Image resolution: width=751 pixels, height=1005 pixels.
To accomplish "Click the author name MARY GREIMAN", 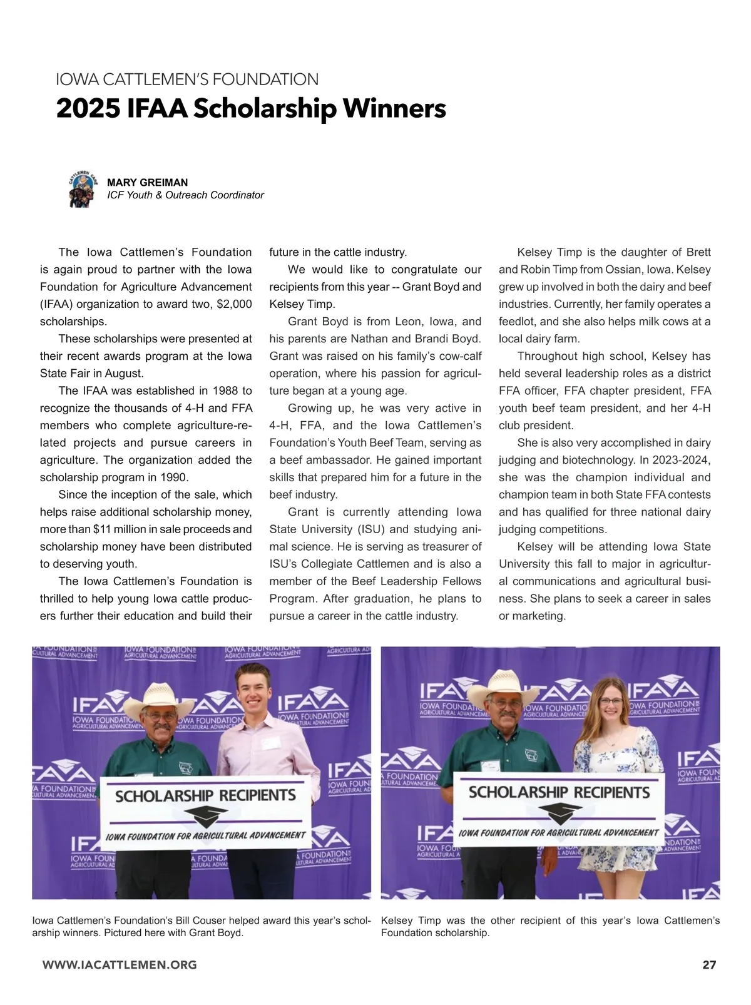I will [147, 182].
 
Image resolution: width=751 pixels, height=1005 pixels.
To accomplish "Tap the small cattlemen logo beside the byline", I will [82, 189].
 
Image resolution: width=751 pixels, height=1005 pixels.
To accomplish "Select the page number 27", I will [709, 964].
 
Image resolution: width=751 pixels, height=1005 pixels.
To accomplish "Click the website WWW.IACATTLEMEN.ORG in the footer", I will [120, 964].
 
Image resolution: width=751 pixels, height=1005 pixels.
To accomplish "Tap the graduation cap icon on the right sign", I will [560, 812].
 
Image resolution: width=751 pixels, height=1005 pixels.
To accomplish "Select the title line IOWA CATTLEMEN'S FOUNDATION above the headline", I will [187, 79].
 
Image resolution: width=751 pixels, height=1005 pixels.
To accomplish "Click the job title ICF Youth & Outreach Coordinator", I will [185, 195].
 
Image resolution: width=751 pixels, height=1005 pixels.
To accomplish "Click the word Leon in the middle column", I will [409, 322].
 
